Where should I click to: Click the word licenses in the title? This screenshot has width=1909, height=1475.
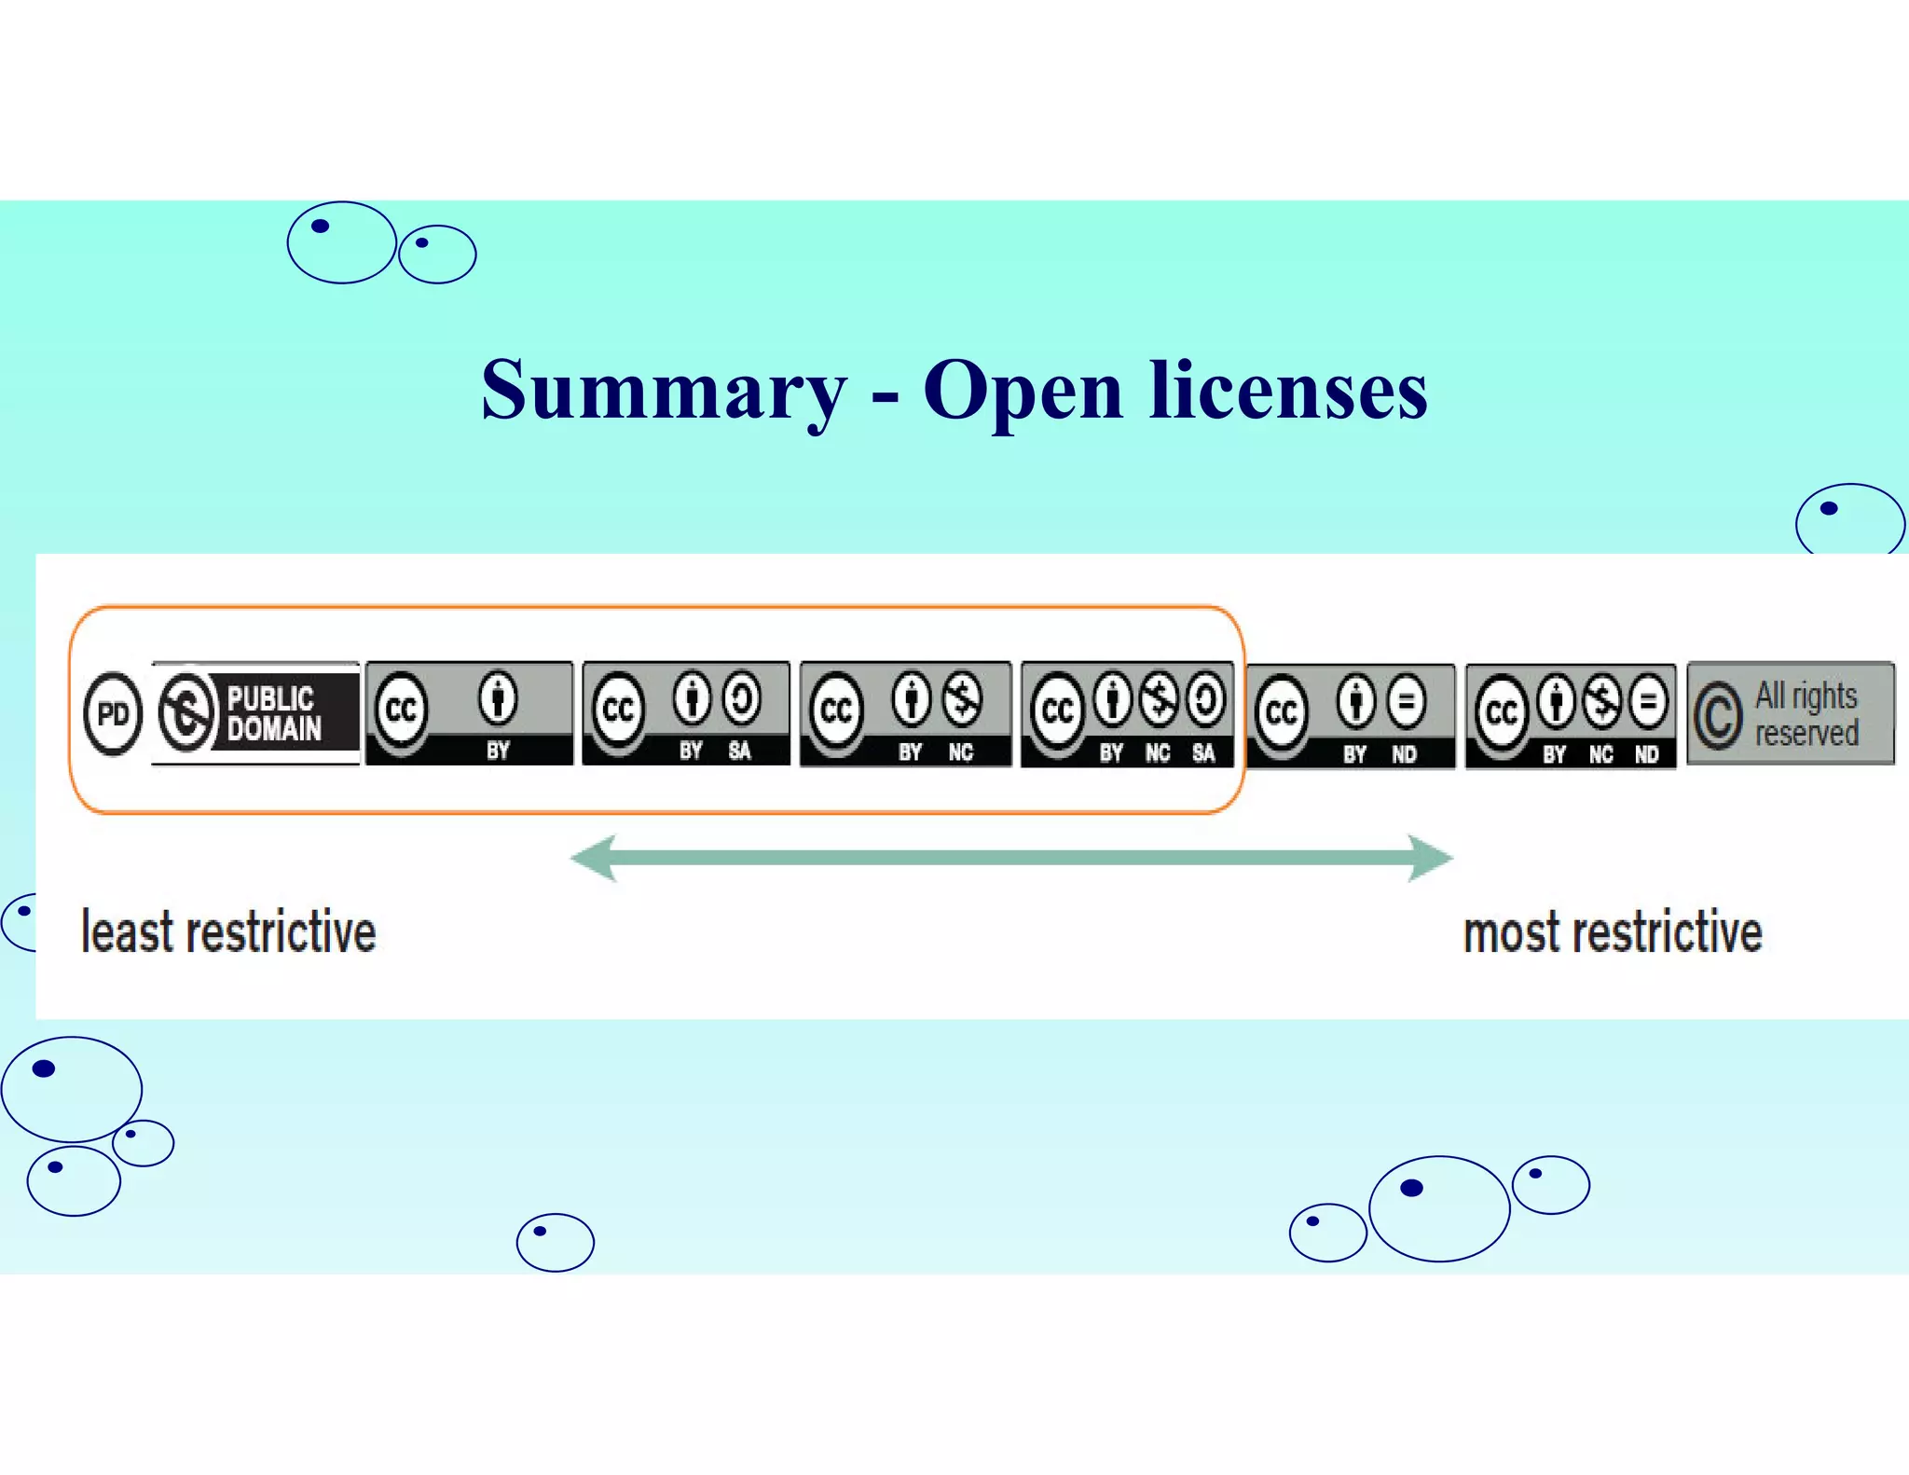tap(1288, 390)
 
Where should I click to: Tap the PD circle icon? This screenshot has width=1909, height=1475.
tap(113, 714)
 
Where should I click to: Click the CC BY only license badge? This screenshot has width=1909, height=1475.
tap(469, 714)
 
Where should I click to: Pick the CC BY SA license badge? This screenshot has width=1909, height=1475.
tap(686, 714)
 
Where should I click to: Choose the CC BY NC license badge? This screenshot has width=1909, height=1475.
tap(905, 714)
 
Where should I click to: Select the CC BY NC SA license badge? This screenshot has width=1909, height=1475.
tap(1127, 715)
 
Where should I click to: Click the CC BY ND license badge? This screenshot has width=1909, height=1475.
tap(1350, 716)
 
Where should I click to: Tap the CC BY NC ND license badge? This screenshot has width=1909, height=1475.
tap(1571, 717)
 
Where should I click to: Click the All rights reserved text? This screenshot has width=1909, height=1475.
tap(1806, 714)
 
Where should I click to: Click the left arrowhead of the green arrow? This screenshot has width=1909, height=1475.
tap(595, 858)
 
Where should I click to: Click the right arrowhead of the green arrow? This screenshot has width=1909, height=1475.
tap(1429, 858)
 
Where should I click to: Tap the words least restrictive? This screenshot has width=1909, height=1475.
tap(228, 932)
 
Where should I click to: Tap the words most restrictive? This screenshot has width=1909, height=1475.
tap(1613, 933)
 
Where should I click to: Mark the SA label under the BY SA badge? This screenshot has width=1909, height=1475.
tap(739, 751)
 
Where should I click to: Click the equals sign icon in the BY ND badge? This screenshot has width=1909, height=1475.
tap(1407, 700)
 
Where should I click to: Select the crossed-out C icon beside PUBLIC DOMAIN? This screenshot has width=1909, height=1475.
tap(187, 713)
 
